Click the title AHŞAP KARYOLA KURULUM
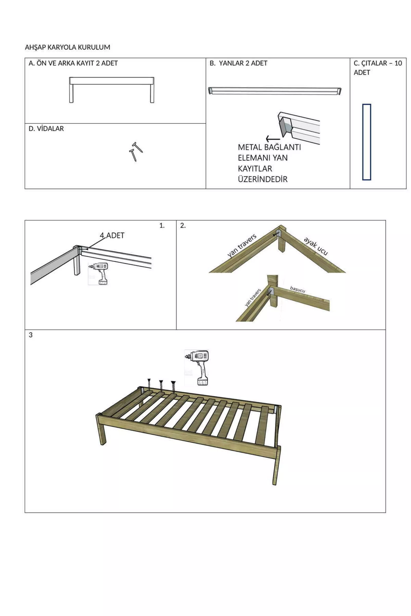point(67,47)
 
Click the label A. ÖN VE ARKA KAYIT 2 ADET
point(73,63)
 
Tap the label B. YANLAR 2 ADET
point(238,63)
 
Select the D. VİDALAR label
point(46,129)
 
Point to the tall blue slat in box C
point(367,142)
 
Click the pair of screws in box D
point(136,152)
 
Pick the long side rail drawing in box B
point(275,91)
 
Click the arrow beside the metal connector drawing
point(273,139)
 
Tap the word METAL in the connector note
point(249,147)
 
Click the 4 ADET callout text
point(112,235)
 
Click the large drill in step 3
point(197,368)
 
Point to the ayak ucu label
point(316,246)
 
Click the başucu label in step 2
point(297,289)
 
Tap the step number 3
point(31,335)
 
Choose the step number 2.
point(183,226)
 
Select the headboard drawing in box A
point(112,90)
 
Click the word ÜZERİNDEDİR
point(263,179)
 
